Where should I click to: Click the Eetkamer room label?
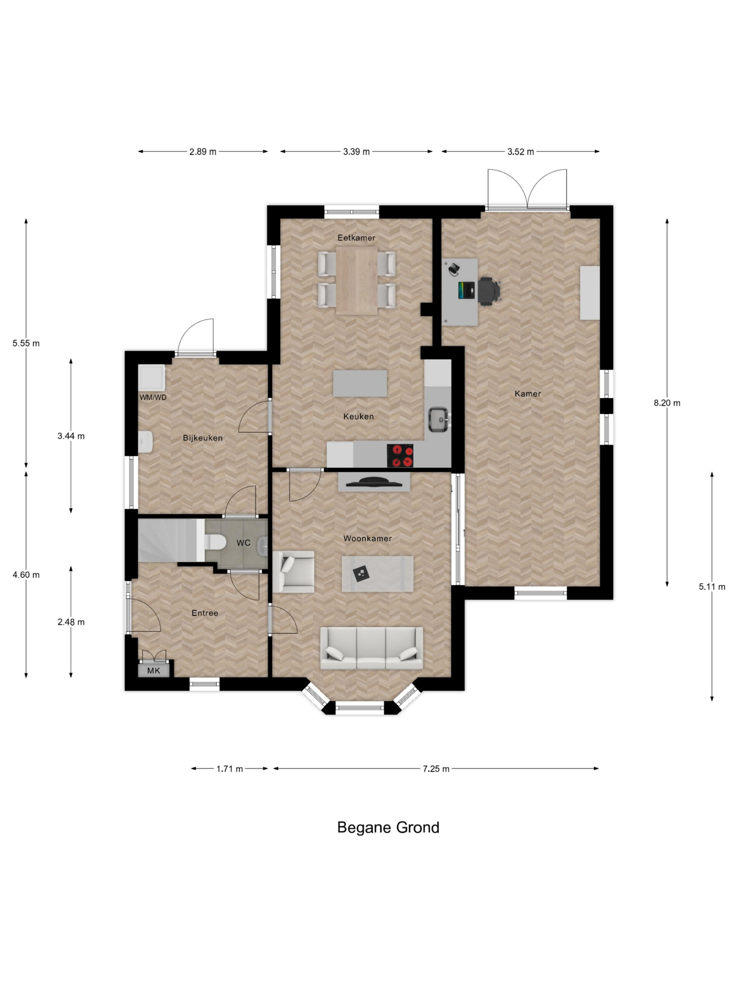click(x=356, y=238)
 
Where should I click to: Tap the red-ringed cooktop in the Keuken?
click(x=399, y=455)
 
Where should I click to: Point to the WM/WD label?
click(x=153, y=397)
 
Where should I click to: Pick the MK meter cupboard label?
click(x=153, y=671)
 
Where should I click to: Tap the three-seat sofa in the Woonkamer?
click(x=371, y=648)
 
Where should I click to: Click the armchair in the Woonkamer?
click(x=293, y=572)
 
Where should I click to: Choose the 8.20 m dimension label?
click(x=667, y=403)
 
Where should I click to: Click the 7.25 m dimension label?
click(x=436, y=769)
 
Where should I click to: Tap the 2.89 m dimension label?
click(x=203, y=152)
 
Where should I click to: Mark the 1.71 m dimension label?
click(x=229, y=769)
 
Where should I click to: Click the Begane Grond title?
click(x=388, y=828)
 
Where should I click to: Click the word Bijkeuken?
click(x=203, y=438)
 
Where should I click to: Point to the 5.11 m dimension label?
click(x=712, y=587)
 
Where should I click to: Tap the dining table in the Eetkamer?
click(x=357, y=281)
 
